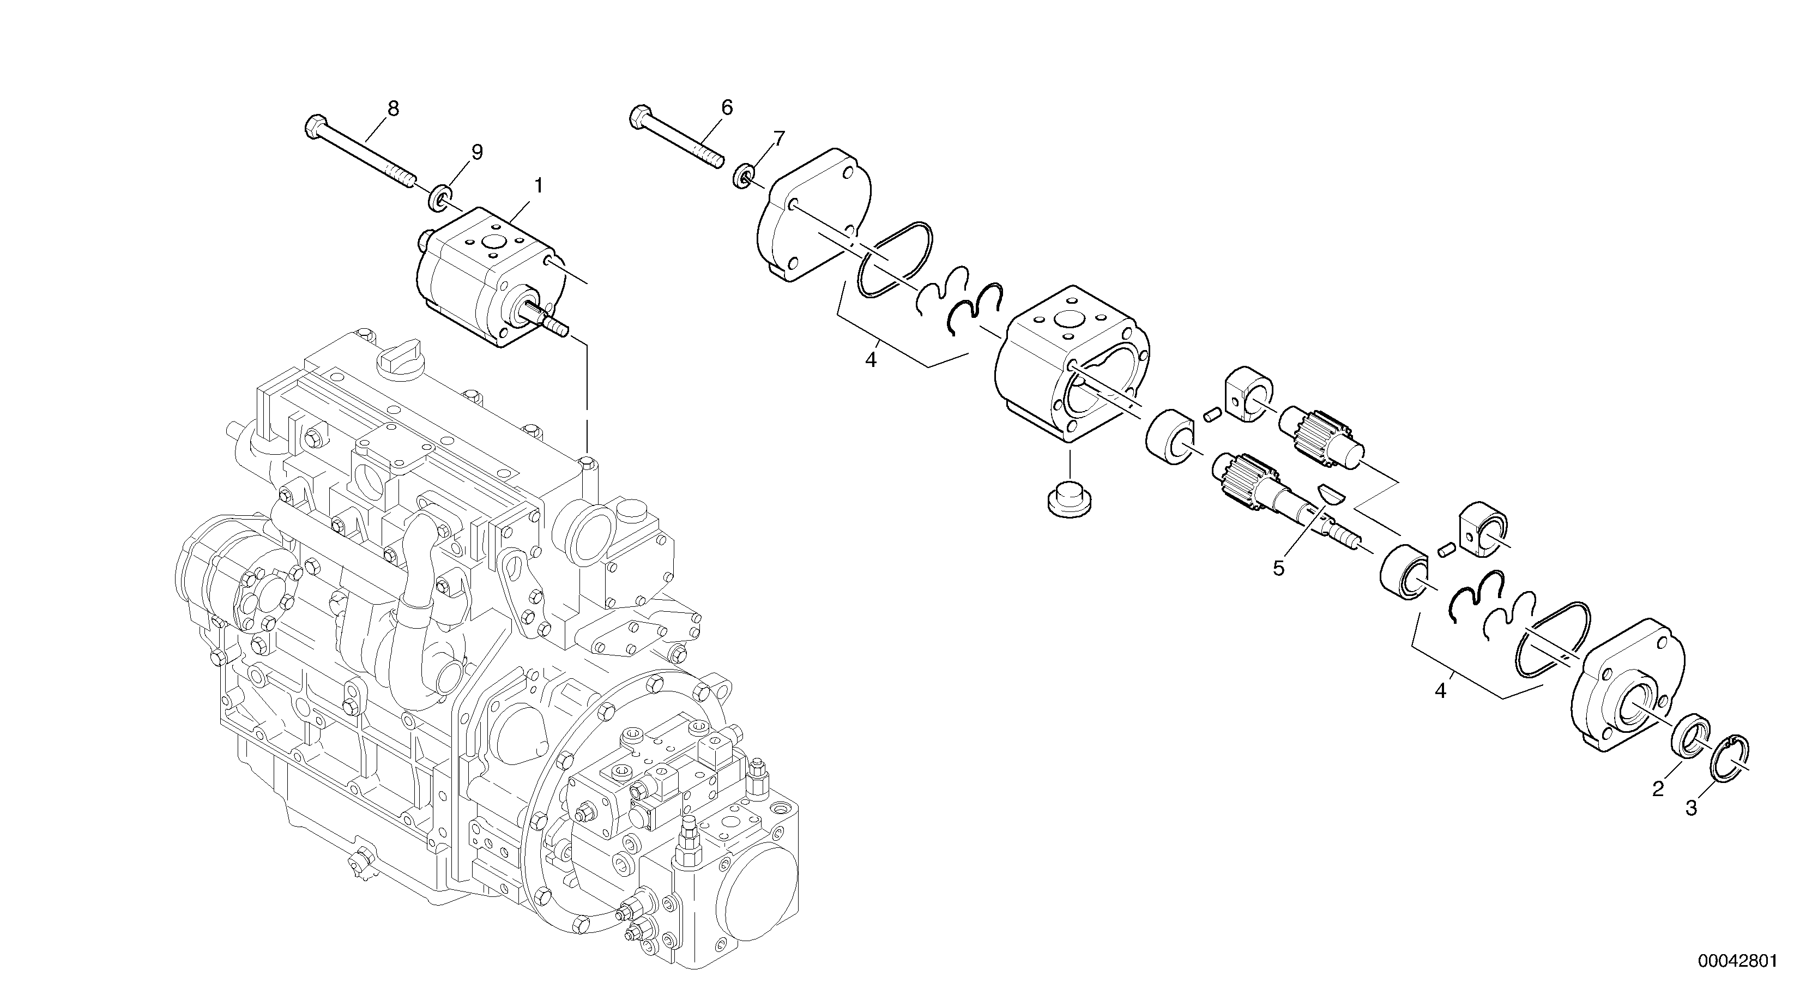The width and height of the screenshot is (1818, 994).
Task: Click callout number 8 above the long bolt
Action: click(393, 108)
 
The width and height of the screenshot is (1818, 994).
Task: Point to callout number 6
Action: click(727, 107)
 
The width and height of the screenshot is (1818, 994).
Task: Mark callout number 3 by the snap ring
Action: click(1691, 808)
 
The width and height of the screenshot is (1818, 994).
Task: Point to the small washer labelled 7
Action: click(743, 177)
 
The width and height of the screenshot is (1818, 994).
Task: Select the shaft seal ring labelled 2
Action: click(1689, 747)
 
